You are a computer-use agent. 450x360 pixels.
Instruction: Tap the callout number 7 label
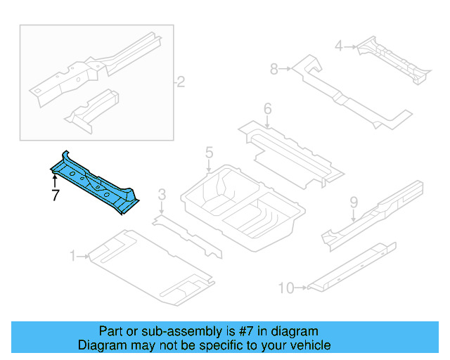[54, 196]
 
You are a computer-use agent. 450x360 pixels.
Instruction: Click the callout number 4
[338, 46]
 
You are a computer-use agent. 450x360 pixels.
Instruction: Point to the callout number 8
[274, 69]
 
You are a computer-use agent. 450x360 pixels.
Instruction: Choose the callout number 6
[267, 109]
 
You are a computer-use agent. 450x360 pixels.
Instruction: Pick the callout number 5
[209, 153]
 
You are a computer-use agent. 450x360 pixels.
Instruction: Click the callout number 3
[162, 195]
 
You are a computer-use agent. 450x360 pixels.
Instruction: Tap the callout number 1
[72, 257]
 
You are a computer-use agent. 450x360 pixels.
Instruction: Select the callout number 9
[354, 203]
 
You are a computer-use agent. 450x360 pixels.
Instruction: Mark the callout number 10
[285, 287]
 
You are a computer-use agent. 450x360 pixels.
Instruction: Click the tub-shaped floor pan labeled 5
[243, 207]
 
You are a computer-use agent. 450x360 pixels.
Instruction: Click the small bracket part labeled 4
[394, 61]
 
